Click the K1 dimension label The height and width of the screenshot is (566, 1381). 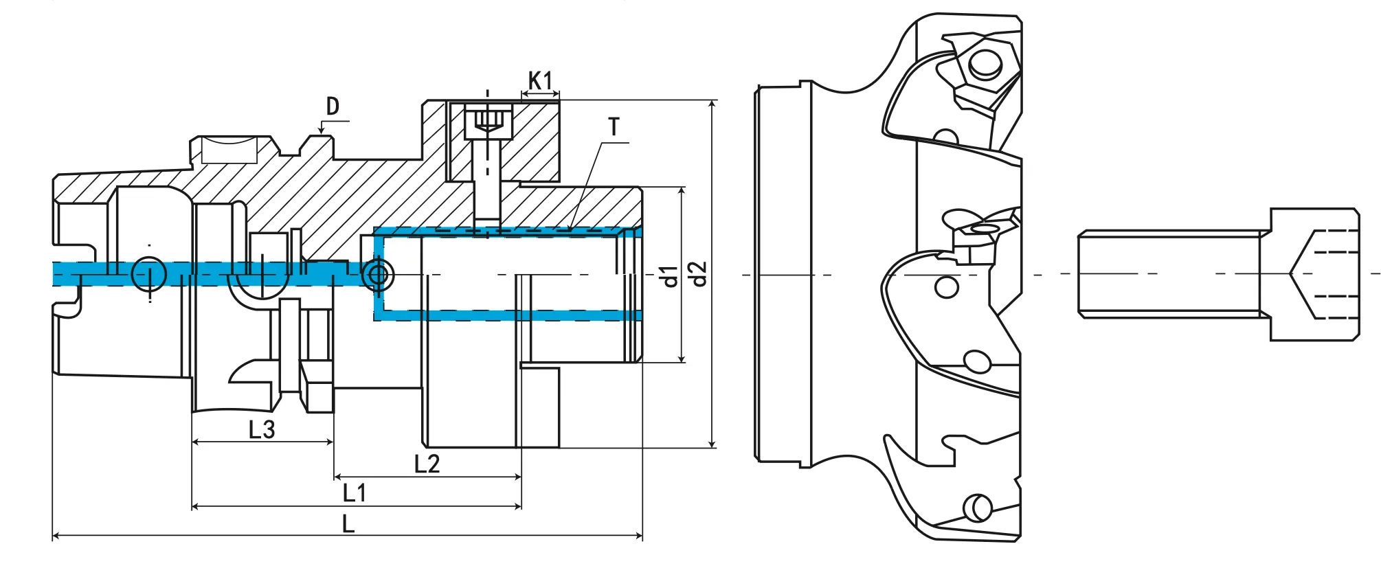[x=540, y=80]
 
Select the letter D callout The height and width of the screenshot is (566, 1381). [x=333, y=106]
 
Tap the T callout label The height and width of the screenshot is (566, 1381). [x=614, y=127]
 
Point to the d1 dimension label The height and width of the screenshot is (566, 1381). [x=668, y=275]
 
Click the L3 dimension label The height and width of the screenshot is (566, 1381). [x=262, y=430]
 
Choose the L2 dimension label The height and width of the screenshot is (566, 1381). [x=427, y=464]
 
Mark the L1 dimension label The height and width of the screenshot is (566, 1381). [x=355, y=493]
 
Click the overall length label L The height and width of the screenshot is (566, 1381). [x=348, y=525]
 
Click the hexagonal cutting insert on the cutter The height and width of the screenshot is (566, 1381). [x=984, y=65]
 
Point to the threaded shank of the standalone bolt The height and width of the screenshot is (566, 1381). [x=1168, y=274]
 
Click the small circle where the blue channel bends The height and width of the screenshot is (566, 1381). [x=377, y=275]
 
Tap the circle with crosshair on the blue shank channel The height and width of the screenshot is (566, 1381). [x=149, y=275]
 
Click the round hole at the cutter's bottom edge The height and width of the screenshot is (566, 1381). [x=977, y=508]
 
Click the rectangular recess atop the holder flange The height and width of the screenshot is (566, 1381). [x=229, y=150]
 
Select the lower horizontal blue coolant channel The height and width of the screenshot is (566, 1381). [x=508, y=315]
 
